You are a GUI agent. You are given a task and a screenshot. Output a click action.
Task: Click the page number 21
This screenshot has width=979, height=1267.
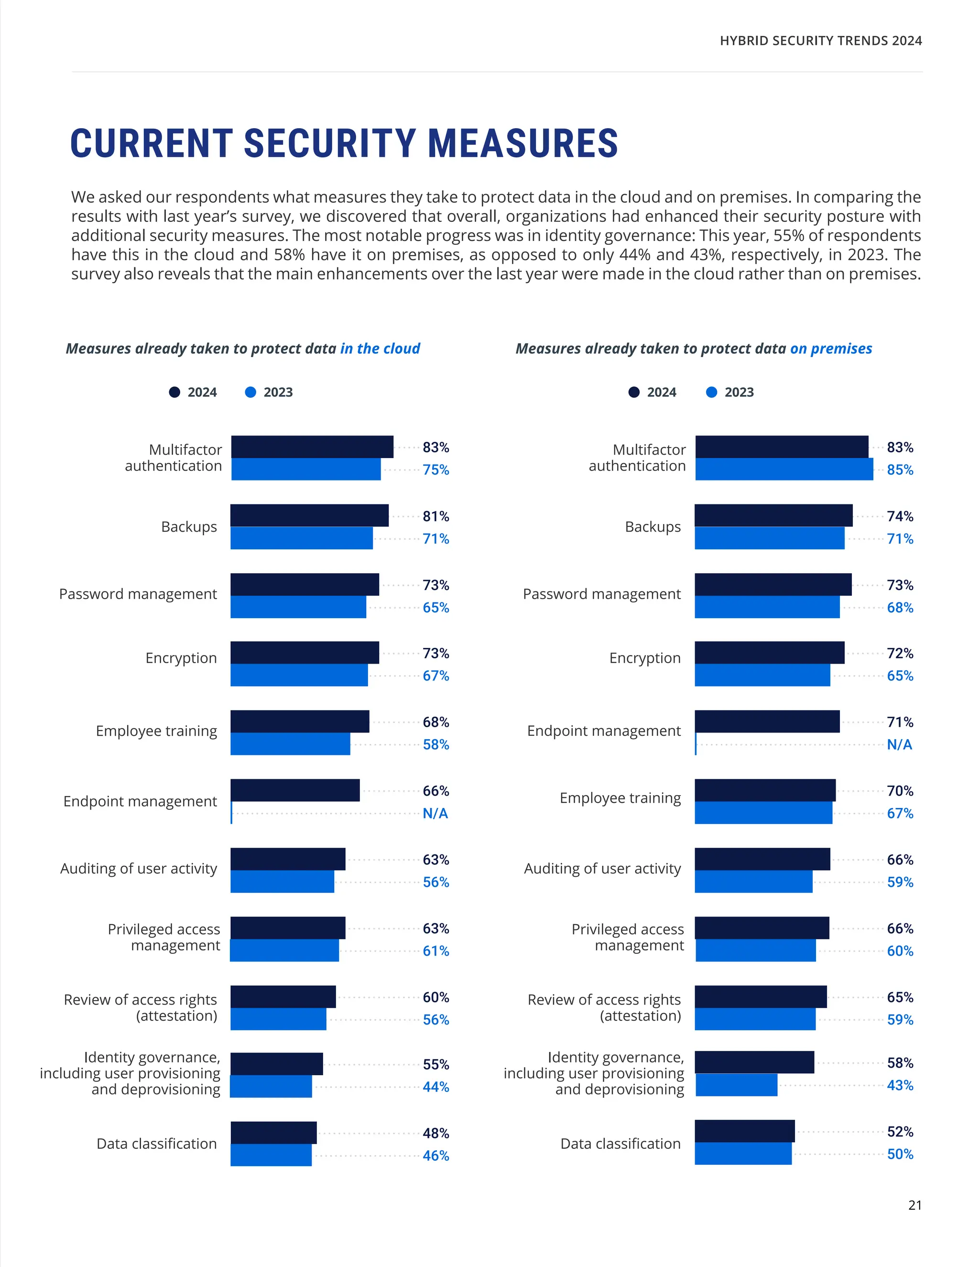pos(914,1205)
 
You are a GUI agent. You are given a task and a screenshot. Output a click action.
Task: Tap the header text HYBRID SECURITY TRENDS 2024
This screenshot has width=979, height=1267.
pos(821,41)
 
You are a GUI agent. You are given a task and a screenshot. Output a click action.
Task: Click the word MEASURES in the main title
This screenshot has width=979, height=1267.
pos(522,143)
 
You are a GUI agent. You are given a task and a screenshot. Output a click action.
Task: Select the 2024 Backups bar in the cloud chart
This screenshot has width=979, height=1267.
pos(309,515)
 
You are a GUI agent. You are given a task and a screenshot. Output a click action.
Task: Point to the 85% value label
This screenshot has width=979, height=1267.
pos(900,470)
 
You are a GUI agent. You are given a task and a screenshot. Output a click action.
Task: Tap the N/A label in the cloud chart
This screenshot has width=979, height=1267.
pos(435,813)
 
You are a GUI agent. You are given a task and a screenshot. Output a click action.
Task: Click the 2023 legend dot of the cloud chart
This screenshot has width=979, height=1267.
pos(250,392)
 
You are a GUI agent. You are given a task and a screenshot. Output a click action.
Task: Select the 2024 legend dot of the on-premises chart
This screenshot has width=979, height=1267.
pos(634,392)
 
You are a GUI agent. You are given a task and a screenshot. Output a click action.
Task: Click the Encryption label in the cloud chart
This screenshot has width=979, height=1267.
pos(181,658)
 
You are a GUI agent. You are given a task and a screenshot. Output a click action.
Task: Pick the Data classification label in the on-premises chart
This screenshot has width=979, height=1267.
pos(620,1144)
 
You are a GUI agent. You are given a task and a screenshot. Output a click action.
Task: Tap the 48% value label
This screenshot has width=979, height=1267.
pos(435,1133)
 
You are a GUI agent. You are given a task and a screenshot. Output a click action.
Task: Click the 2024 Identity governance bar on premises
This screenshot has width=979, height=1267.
pos(754,1062)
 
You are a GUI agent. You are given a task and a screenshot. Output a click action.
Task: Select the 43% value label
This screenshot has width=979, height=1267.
pos(900,1085)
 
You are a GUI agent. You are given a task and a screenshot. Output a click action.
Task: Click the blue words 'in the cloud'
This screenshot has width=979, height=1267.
pos(380,349)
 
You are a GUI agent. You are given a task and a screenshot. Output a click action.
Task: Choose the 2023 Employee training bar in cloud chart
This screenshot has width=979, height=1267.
pos(290,744)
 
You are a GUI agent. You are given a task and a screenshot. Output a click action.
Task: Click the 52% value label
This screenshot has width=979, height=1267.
pos(900,1131)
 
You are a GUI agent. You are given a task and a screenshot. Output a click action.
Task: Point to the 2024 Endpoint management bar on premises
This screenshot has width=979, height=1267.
pos(767,721)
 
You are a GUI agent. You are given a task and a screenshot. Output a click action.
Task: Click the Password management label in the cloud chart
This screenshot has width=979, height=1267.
pos(138,594)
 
